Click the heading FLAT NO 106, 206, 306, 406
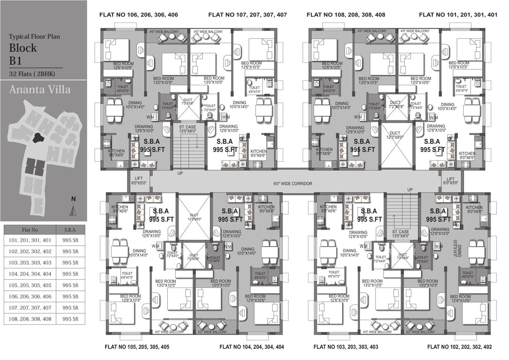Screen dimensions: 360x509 point(139,15)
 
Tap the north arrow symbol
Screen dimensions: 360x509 point(72,208)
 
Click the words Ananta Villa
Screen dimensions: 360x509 point(40,89)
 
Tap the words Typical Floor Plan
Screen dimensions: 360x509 point(34,36)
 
